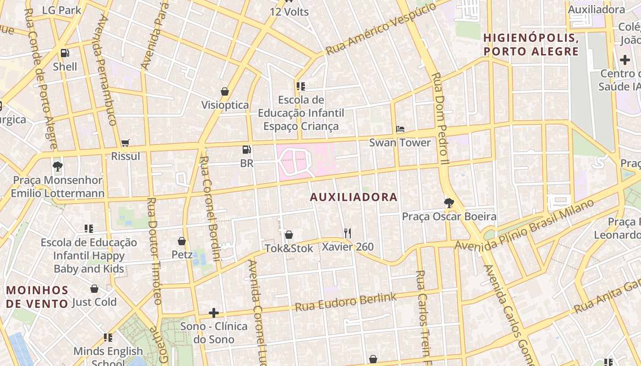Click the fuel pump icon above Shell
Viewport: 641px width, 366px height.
[65, 53]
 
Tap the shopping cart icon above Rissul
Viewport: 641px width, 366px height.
[125, 143]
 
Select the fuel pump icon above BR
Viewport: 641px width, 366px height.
[246, 149]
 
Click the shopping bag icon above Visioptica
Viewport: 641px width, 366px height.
[225, 91]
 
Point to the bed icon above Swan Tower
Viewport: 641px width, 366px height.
[400, 129]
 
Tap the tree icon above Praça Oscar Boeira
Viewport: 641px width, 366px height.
[449, 203]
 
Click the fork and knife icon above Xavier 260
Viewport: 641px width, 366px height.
[348, 233]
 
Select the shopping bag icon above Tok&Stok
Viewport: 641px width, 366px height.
[289, 235]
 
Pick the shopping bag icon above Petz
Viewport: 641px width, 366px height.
[182, 241]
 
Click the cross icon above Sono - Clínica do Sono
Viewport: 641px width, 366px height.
[213, 313]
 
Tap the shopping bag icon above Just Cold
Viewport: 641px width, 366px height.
[94, 289]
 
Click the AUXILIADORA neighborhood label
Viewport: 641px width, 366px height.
[353, 197]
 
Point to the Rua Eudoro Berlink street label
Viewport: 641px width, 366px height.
[346, 302]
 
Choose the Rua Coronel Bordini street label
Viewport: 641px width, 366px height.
[210, 208]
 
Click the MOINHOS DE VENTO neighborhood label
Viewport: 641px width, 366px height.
[37, 296]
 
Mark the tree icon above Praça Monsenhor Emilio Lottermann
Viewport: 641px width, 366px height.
[58, 167]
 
